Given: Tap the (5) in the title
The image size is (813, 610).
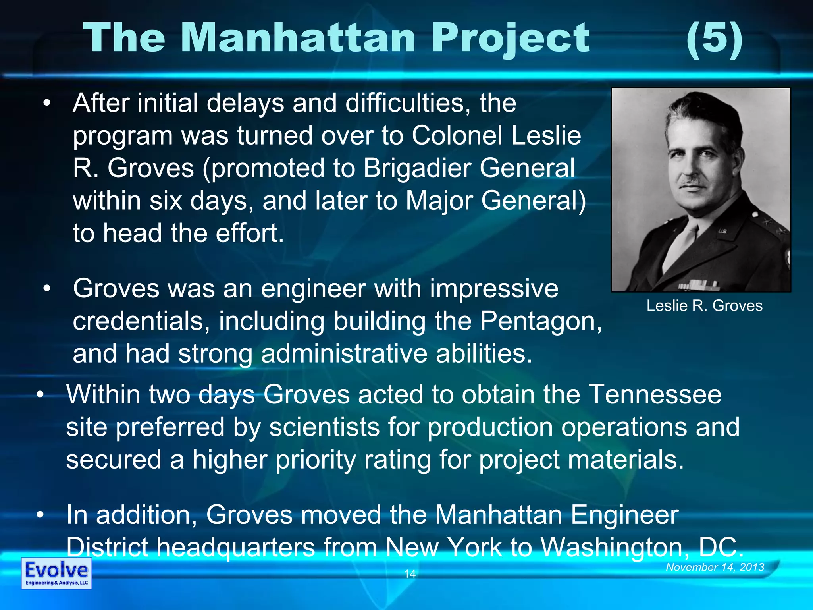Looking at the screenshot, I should click(714, 39).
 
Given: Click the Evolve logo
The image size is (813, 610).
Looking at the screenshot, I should click(56, 573).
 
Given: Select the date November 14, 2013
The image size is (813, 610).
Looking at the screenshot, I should click(715, 567).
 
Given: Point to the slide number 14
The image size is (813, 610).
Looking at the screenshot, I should click(410, 573).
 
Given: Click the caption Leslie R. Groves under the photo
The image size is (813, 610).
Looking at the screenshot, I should click(704, 306).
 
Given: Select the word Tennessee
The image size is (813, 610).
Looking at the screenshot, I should click(655, 394).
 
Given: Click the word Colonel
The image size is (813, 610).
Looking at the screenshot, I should click(457, 135).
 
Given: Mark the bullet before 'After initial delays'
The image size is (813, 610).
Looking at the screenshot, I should click(47, 103).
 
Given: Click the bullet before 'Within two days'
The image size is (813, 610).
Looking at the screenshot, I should click(40, 394).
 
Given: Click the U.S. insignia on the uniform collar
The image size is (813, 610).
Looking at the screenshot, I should click(722, 231).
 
